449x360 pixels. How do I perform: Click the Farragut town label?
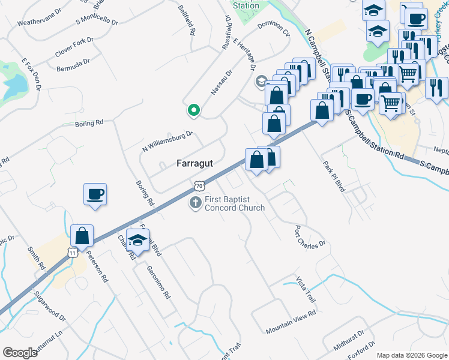click(x=195, y=163)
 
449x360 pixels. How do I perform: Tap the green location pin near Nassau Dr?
click(x=193, y=110)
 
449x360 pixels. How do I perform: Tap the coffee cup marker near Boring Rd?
click(x=95, y=194)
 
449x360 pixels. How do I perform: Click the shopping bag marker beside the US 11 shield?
click(x=82, y=236)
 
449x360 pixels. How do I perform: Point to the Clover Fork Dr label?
click(x=75, y=46)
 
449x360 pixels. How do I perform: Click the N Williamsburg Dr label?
click(x=167, y=141)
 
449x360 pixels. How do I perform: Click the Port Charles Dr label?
click(x=310, y=236)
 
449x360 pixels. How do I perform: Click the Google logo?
click(x=20, y=353)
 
